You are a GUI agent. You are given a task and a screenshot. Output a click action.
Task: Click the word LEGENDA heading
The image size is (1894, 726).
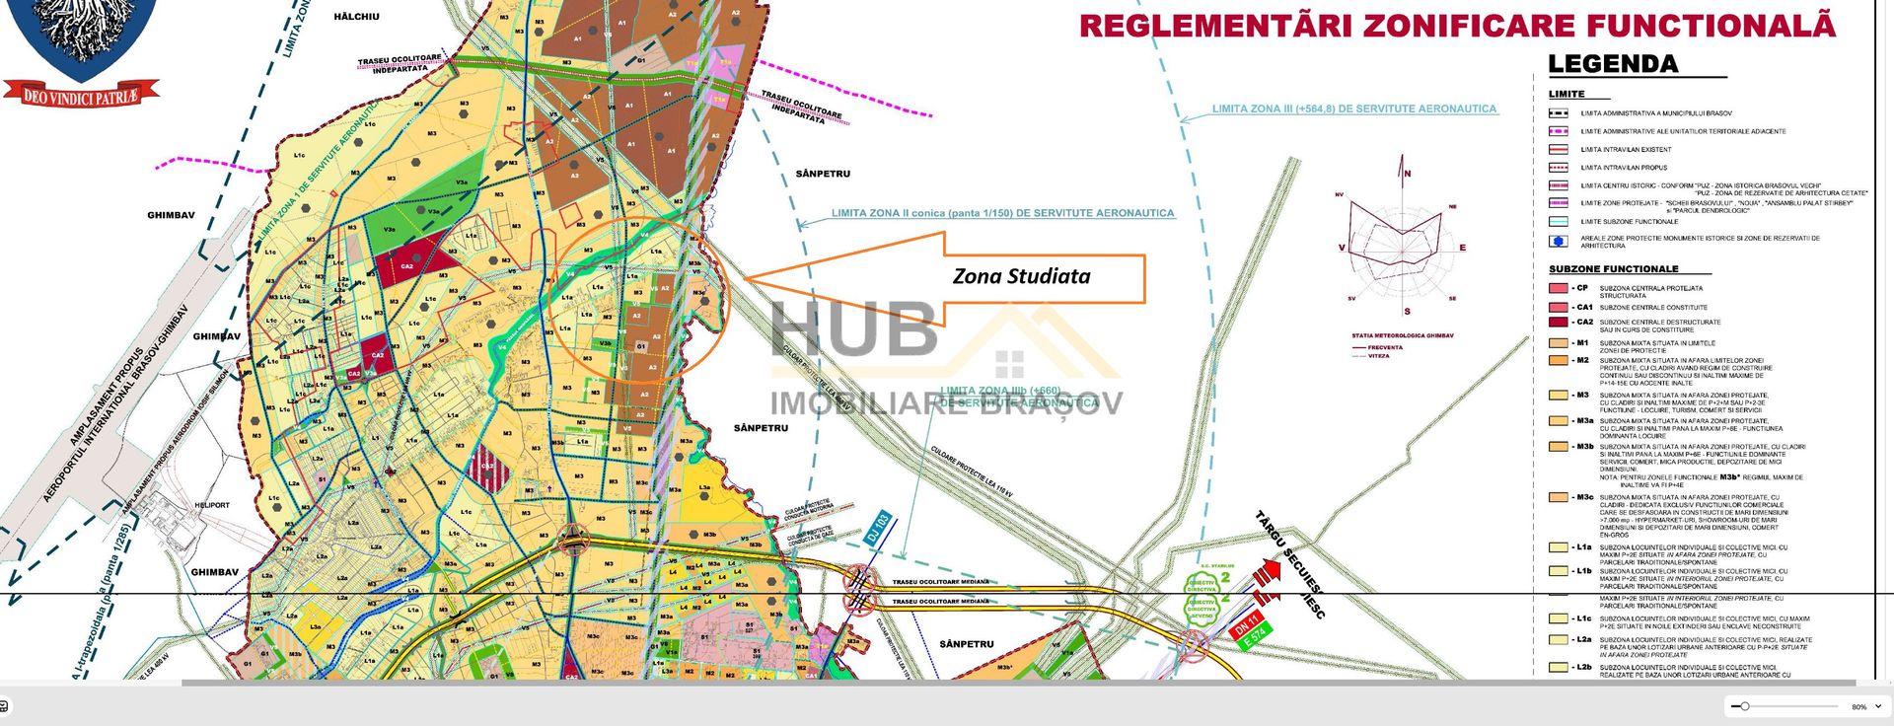1612,65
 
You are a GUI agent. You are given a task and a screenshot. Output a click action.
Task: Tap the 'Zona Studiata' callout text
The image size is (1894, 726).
1021,276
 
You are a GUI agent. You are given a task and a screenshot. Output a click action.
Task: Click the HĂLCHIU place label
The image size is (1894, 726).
356,18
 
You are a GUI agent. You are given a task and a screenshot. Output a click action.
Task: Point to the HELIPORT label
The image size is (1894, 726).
212,505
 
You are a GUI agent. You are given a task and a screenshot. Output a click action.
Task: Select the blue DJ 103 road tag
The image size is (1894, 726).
878,529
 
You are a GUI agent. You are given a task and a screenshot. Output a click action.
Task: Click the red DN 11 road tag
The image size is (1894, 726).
1247,624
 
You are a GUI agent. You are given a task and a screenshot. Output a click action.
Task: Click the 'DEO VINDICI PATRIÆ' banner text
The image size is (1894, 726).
81,96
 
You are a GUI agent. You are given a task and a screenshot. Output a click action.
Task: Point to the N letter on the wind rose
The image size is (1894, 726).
1408,174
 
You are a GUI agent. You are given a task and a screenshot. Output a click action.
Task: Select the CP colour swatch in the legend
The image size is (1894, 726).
1558,289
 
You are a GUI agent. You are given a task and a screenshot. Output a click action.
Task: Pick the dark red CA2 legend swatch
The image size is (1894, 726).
1558,322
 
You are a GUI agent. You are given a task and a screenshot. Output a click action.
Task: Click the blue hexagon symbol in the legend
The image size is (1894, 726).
1558,241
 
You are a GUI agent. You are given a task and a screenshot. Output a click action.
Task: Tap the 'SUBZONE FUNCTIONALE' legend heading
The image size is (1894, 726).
1613,269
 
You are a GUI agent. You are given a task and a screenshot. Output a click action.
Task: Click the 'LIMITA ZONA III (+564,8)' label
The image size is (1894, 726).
1353,109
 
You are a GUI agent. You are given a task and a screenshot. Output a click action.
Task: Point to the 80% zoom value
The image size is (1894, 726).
1858,707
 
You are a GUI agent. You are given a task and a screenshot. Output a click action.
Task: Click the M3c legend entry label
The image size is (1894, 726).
1583,497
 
